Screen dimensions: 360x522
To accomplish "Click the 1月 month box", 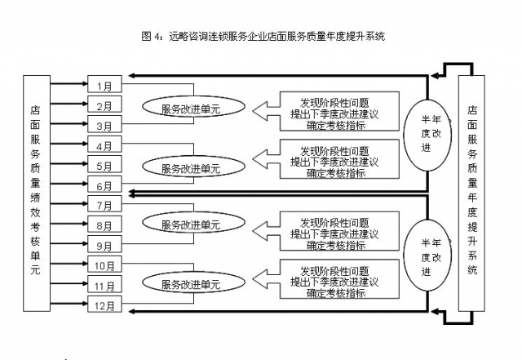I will tap(104, 85).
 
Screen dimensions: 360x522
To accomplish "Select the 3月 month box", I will tap(104, 126).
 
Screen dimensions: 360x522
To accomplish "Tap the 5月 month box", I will tap(104, 166).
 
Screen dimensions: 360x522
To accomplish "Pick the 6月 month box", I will tap(104, 186).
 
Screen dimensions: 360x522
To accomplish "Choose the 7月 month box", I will tap(104, 205).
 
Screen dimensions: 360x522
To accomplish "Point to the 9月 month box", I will tap(104, 245).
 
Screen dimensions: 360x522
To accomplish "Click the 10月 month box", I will tap(104, 265).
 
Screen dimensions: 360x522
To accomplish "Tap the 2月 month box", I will tap(104, 105).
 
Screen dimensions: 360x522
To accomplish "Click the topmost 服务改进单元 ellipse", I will tap(191, 108).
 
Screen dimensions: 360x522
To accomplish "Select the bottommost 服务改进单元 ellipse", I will tap(191, 284).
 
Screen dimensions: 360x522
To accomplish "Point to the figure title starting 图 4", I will tap(263, 36).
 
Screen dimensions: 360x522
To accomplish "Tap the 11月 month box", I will tap(104, 286).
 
